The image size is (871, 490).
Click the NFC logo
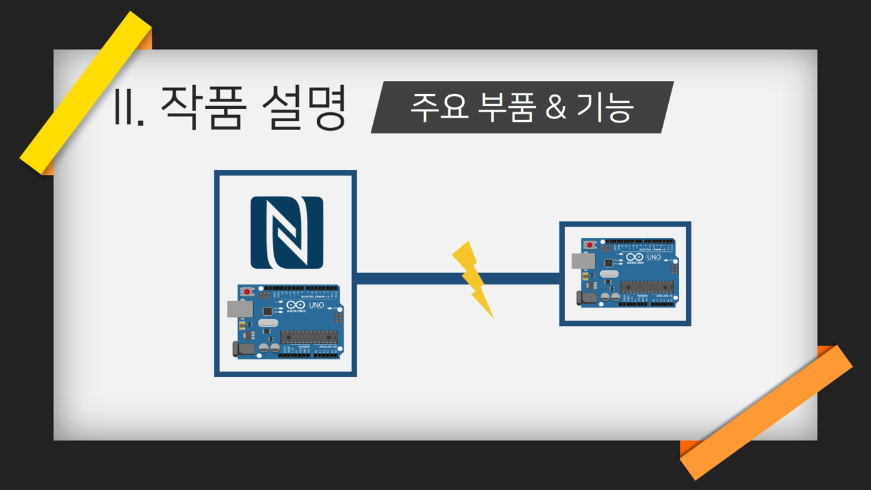[x=286, y=233]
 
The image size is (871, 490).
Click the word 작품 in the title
[x=201, y=108]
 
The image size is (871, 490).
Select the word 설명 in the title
[x=303, y=108]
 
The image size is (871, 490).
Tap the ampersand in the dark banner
[x=556, y=108]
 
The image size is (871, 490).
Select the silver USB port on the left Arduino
[x=240, y=309]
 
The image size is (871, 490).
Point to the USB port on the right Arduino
[x=582, y=261]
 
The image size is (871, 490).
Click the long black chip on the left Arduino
[x=309, y=337]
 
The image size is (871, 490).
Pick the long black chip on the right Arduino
[x=647, y=287]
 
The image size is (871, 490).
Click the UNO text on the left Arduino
[x=316, y=306]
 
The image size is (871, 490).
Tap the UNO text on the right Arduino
[x=653, y=258]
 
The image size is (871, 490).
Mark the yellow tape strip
[x=86, y=93]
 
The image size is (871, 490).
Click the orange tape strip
[x=766, y=412]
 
